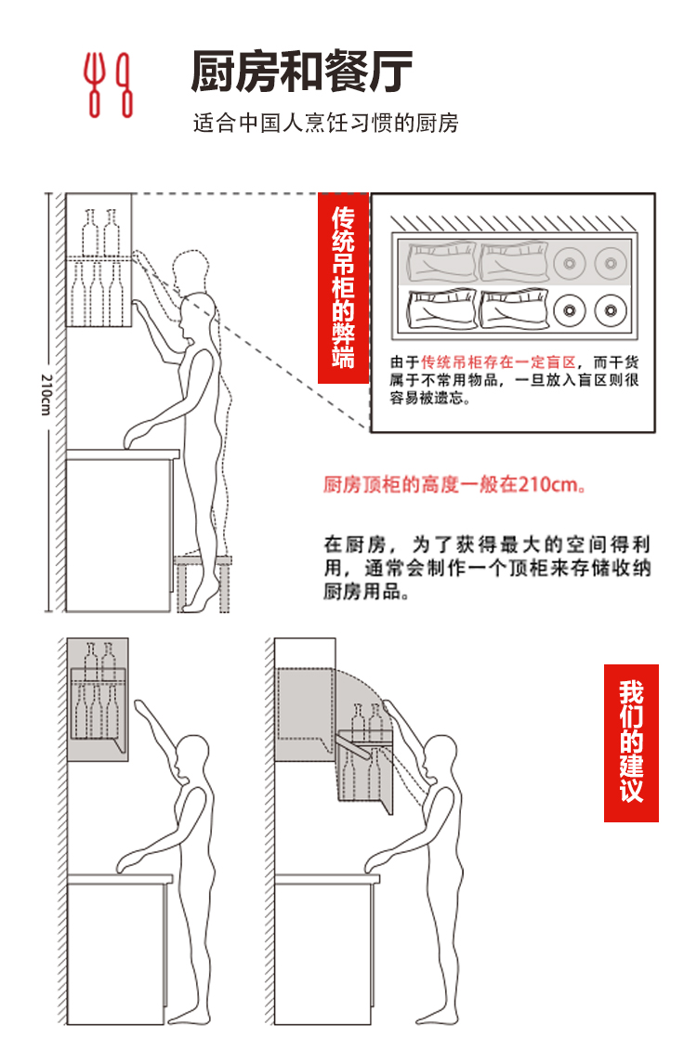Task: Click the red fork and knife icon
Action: (x=108, y=85)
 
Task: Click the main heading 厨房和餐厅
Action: (x=302, y=72)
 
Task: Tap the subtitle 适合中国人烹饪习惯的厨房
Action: (x=326, y=124)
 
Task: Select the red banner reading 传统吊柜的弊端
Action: (x=344, y=288)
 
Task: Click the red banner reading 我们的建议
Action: (x=631, y=743)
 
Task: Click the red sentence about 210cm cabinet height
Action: (x=454, y=484)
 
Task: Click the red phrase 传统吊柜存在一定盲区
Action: (x=498, y=362)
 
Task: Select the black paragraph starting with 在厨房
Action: (x=487, y=568)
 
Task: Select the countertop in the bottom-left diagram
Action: (x=120, y=879)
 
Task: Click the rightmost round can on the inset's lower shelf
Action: (x=611, y=310)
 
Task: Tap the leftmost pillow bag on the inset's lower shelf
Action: (x=441, y=309)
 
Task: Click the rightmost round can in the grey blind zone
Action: (x=611, y=262)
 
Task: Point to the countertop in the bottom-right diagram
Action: (x=327, y=879)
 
